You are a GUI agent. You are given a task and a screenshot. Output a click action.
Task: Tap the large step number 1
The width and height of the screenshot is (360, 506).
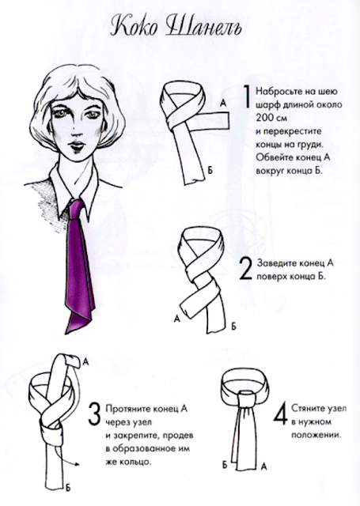[247, 96]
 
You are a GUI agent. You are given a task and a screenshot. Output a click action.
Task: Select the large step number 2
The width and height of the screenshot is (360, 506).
[246, 270]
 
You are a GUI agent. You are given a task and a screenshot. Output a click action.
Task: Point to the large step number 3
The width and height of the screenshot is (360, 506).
[95, 414]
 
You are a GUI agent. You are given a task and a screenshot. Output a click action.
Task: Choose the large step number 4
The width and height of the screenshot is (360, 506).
[280, 413]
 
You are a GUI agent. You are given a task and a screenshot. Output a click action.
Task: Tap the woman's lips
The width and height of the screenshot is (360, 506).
[78, 145]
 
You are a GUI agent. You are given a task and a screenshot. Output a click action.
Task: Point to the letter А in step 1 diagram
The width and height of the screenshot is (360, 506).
[223, 104]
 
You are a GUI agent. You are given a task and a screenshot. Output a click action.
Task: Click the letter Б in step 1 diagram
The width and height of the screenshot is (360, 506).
[210, 171]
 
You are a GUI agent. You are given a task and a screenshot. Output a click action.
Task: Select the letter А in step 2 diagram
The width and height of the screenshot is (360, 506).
[176, 319]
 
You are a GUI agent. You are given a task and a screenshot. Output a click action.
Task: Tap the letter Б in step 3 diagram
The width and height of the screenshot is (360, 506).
[68, 487]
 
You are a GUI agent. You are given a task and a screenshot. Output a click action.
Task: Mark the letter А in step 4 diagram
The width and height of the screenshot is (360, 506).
[263, 466]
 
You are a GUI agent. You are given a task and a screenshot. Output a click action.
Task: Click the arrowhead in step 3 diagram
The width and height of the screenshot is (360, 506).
[78, 464]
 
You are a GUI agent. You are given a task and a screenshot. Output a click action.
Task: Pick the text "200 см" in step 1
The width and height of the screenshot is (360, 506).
[271, 118]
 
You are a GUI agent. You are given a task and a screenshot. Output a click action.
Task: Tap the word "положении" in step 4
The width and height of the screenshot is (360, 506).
[316, 435]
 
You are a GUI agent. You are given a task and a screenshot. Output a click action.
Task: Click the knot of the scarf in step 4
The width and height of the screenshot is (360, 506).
[247, 398]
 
